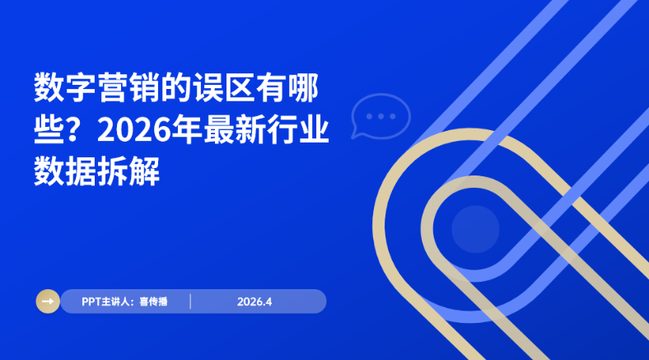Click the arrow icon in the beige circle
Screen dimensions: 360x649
tap(48, 302)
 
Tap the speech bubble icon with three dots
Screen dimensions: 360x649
tap(380, 116)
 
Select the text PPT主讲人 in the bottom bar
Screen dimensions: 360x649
tap(106, 302)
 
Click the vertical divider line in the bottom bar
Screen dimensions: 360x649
tap(190, 302)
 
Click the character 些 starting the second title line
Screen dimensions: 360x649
tap(49, 130)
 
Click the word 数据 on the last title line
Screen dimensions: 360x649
tap(64, 172)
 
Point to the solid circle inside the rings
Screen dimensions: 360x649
tap(475, 227)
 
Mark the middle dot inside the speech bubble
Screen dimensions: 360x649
tap(380, 115)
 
